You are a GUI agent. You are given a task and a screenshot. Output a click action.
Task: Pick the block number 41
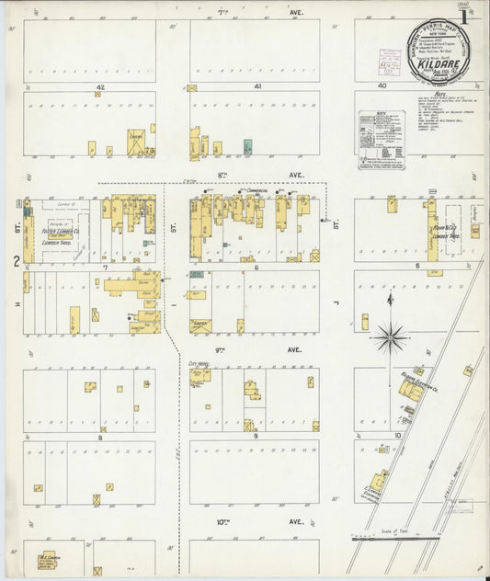257,86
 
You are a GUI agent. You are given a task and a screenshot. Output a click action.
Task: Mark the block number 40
382,86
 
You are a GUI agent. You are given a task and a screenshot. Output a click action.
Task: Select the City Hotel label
199,364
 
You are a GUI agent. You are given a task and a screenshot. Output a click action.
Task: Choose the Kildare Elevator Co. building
412,391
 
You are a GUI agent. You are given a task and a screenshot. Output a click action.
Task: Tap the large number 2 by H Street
16,261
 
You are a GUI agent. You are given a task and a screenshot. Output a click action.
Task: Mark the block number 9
256,437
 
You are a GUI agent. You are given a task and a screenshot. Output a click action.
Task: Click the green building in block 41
247,146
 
